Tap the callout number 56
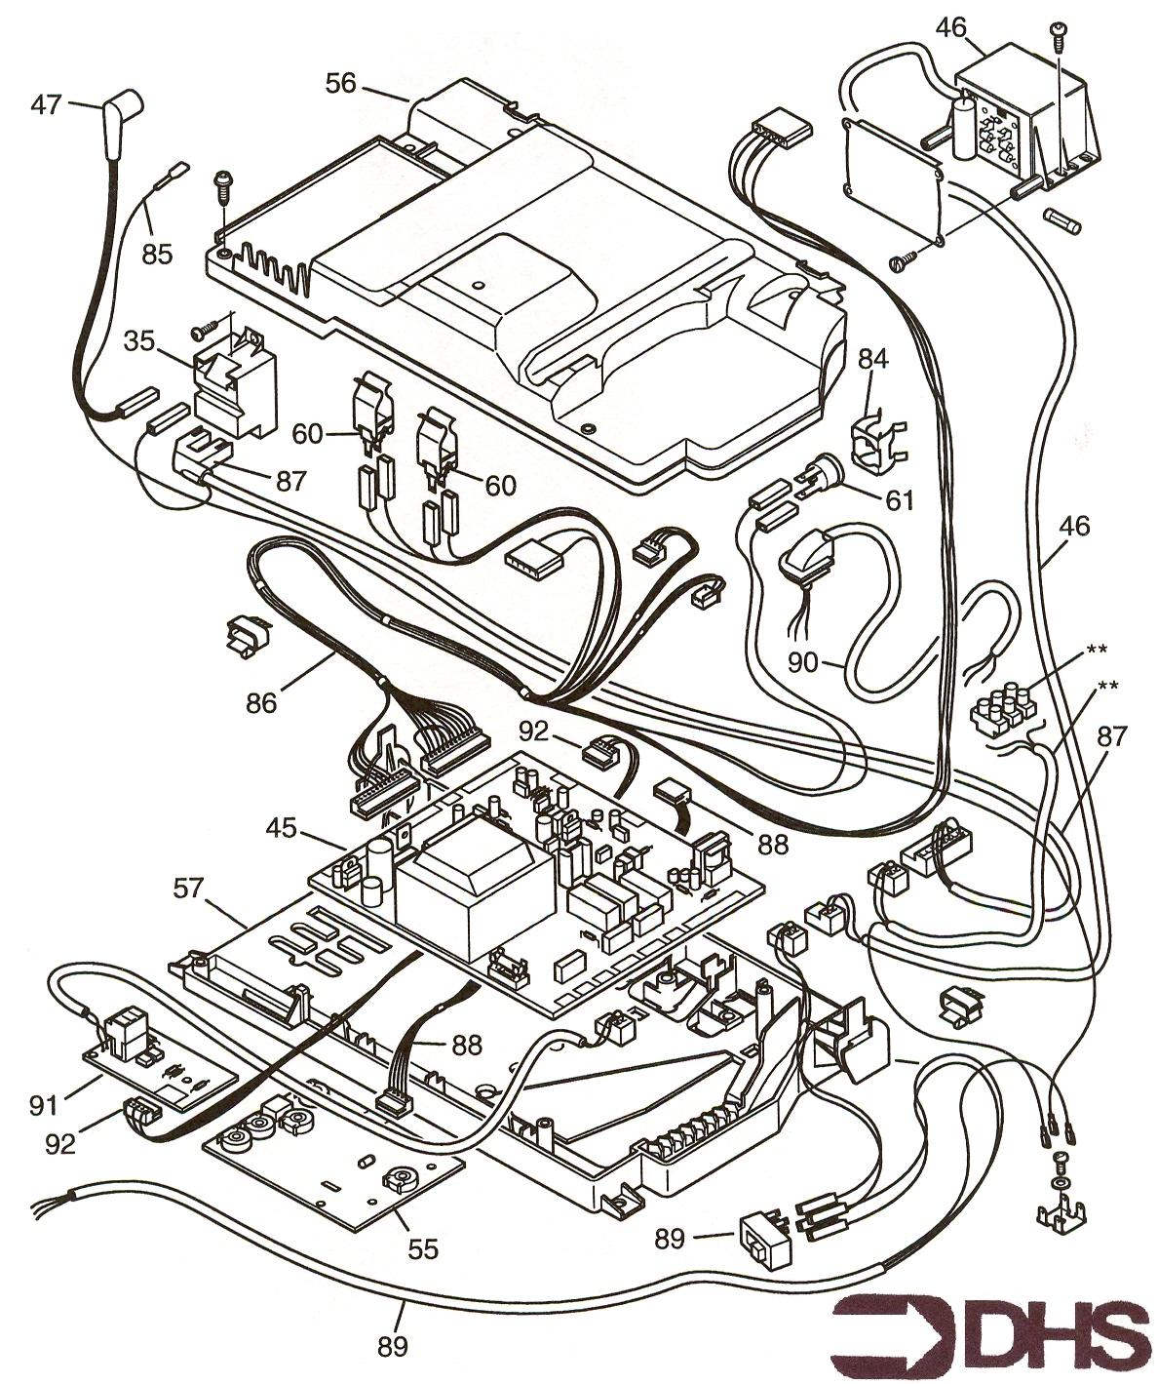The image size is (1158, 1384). click(341, 85)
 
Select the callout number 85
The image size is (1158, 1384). click(156, 254)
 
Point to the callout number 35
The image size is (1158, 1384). click(141, 340)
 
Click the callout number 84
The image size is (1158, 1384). click(872, 360)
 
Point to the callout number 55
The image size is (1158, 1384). click(423, 1247)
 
